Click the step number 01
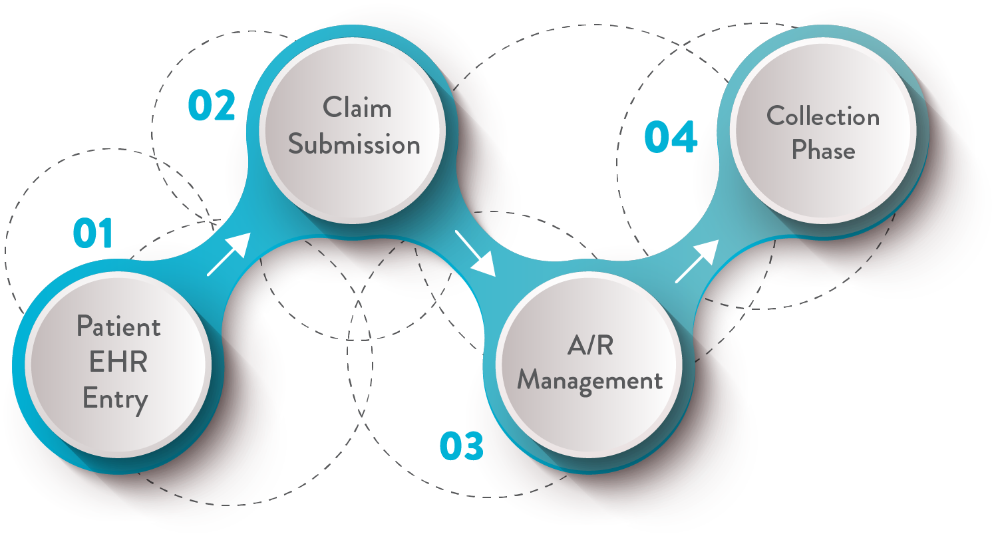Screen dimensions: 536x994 [93, 233]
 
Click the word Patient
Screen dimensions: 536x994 [118, 327]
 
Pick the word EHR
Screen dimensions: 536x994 [118, 363]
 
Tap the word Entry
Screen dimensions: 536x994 [115, 400]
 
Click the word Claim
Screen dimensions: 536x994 [357, 108]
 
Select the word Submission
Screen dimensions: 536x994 [354, 145]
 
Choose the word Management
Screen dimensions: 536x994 [590, 381]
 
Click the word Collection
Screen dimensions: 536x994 [823, 117]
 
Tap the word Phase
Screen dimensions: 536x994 [823, 152]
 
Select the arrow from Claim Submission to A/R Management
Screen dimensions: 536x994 [476, 253]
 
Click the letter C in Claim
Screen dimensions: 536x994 [332, 108]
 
